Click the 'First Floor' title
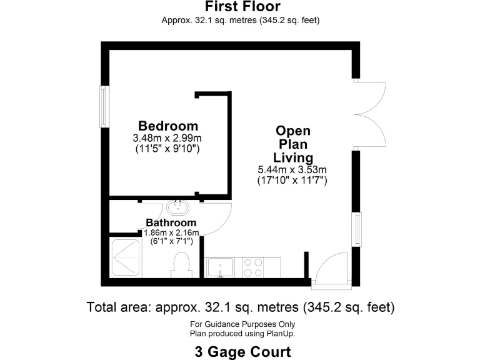pyautogui.click(x=242, y=7)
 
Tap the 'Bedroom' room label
pyautogui.click(x=168, y=126)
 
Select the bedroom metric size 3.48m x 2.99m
pyautogui.click(x=168, y=137)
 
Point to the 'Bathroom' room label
pyautogui.click(x=171, y=222)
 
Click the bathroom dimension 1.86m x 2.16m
pyautogui.click(x=171, y=232)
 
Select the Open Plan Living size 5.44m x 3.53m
pyautogui.click(x=292, y=169)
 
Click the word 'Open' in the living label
pyautogui.click(x=293, y=131)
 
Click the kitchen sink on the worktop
pyautogui.click(x=221, y=268)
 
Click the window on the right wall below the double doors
pyautogui.click(x=356, y=229)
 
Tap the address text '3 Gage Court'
pyautogui.click(x=242, y=351)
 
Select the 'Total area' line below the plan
pyautogui.click(x=240, y=307)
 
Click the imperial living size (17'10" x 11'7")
pyautogui.click(x=292, y=180)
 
